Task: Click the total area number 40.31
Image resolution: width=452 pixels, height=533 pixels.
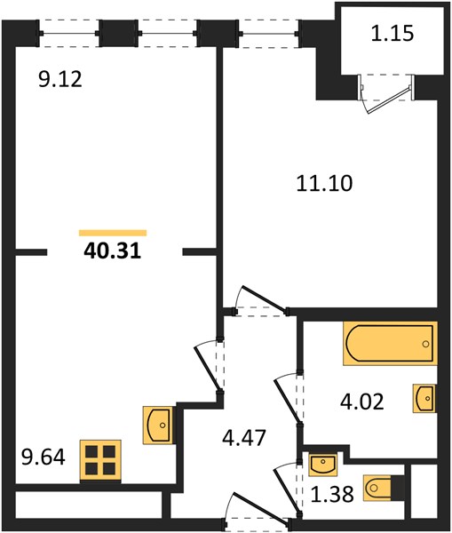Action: point(112,251)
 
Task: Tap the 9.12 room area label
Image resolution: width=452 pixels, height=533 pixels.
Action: point(60,80)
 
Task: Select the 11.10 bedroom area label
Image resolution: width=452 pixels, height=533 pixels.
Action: point(324,183)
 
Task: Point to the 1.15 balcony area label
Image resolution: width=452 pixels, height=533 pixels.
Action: point(393,34)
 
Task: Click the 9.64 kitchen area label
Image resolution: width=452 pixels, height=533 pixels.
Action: point(44,457)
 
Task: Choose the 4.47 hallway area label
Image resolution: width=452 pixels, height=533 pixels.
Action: point(243,437)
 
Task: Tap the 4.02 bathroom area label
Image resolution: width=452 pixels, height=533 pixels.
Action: point(362,402)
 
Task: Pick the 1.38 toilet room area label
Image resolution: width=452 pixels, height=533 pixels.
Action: point(332,494)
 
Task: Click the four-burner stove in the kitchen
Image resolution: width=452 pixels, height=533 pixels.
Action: point(100,460)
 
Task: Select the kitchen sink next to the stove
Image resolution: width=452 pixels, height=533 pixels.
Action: point(158,426)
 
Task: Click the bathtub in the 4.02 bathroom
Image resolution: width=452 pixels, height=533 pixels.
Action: point(390,343)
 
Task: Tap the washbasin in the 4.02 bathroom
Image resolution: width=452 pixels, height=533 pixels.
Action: point(424,398)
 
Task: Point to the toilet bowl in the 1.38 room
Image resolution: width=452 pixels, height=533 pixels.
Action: point(381,488)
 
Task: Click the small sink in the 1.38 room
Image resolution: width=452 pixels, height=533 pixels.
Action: point(323,465)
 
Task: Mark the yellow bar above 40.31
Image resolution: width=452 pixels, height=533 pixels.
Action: point(113,233)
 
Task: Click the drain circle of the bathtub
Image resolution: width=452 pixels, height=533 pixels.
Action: point(425,344)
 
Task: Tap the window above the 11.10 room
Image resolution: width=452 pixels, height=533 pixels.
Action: point(269,34)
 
